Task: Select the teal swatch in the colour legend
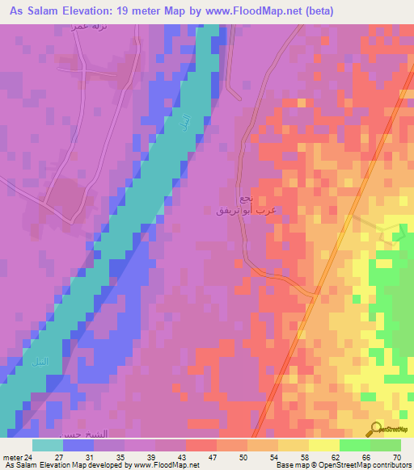(x=48, y=445)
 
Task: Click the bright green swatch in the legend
(x=354, y=445)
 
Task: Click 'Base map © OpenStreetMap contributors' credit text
(x=342, y=464)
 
